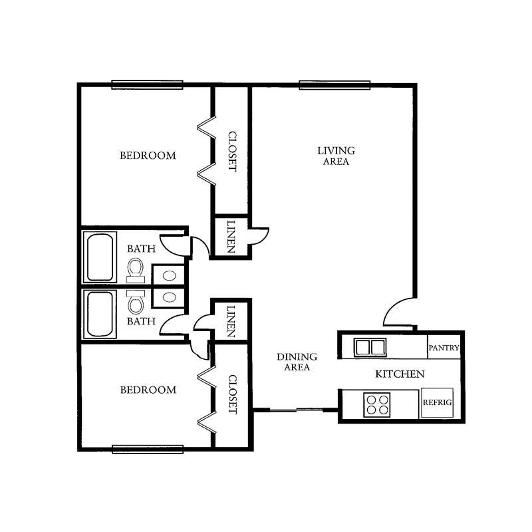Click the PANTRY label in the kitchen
pyautogui.click(x=444, y=348)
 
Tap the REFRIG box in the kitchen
pyautogui.click(x=437, y=403)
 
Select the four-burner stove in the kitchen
pyautogui.click(x=377, y=405)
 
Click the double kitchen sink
pyautogui.click(x=370, y=347)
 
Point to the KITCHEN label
pyautogui.click(x=400, y=374)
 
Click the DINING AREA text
pyautogui.click(x=297, y=362)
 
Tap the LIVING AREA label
pyautogui.click(x=336, y=156)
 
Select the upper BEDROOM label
pyautogui.click(x=148, y=156)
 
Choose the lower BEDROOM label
pyautogui.click(x=148, y=390)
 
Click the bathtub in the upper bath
pyautogui.click(x=100, y=257)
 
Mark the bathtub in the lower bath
pyautogui.click(x=100, y=314)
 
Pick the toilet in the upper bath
pyautogui.click(x=136, y=271)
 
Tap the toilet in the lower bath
pyautogui.click(x=136, y=302)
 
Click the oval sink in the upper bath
pyautogui.click(x=169, y=275)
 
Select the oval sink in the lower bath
pyautogui.click(x=169, y=297)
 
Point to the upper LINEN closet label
pyautogui.click(x=231, y=237)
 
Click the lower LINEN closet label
pyautogui.click(x=231, y=321)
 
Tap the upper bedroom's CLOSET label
pyautogui.click(x=232, y=152)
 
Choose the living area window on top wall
pyautogui.click(x=334, y=85)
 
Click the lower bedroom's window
pyautogui.click(x=148, y=450)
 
